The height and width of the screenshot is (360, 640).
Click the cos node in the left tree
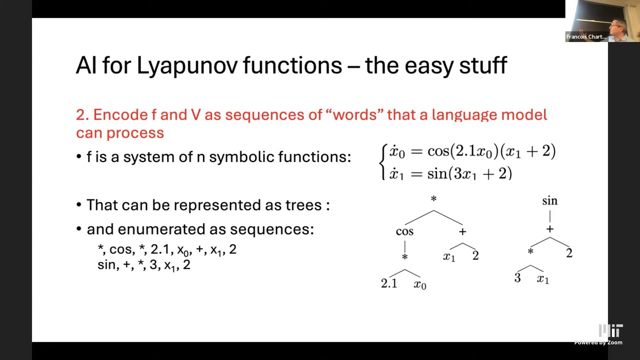(x=404, y=231)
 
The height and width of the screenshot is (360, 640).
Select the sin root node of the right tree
(x=549, y=201)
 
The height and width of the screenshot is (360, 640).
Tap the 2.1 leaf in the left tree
(x=389, y=283)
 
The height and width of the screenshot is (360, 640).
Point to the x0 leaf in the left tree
(x=420, y=285)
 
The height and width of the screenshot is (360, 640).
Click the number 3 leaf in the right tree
(x=517, y=278)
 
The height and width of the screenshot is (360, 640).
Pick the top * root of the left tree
(x=433, y=199)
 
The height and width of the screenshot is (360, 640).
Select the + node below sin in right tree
(x=549, y=229)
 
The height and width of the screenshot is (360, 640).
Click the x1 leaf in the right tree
(x=542, y=279)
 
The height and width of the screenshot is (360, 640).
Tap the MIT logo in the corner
(x=611, y=331)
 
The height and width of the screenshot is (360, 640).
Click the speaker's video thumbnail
(x=602, y=21)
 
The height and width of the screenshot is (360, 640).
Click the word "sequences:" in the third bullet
(x=271, y=229)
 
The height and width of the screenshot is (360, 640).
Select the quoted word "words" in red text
(x=354, y=114)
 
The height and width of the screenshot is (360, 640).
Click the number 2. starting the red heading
(x=82, y=115)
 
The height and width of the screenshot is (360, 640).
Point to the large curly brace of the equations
(x=383, y=162)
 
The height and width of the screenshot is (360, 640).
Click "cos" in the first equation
(x=438, y=151)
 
